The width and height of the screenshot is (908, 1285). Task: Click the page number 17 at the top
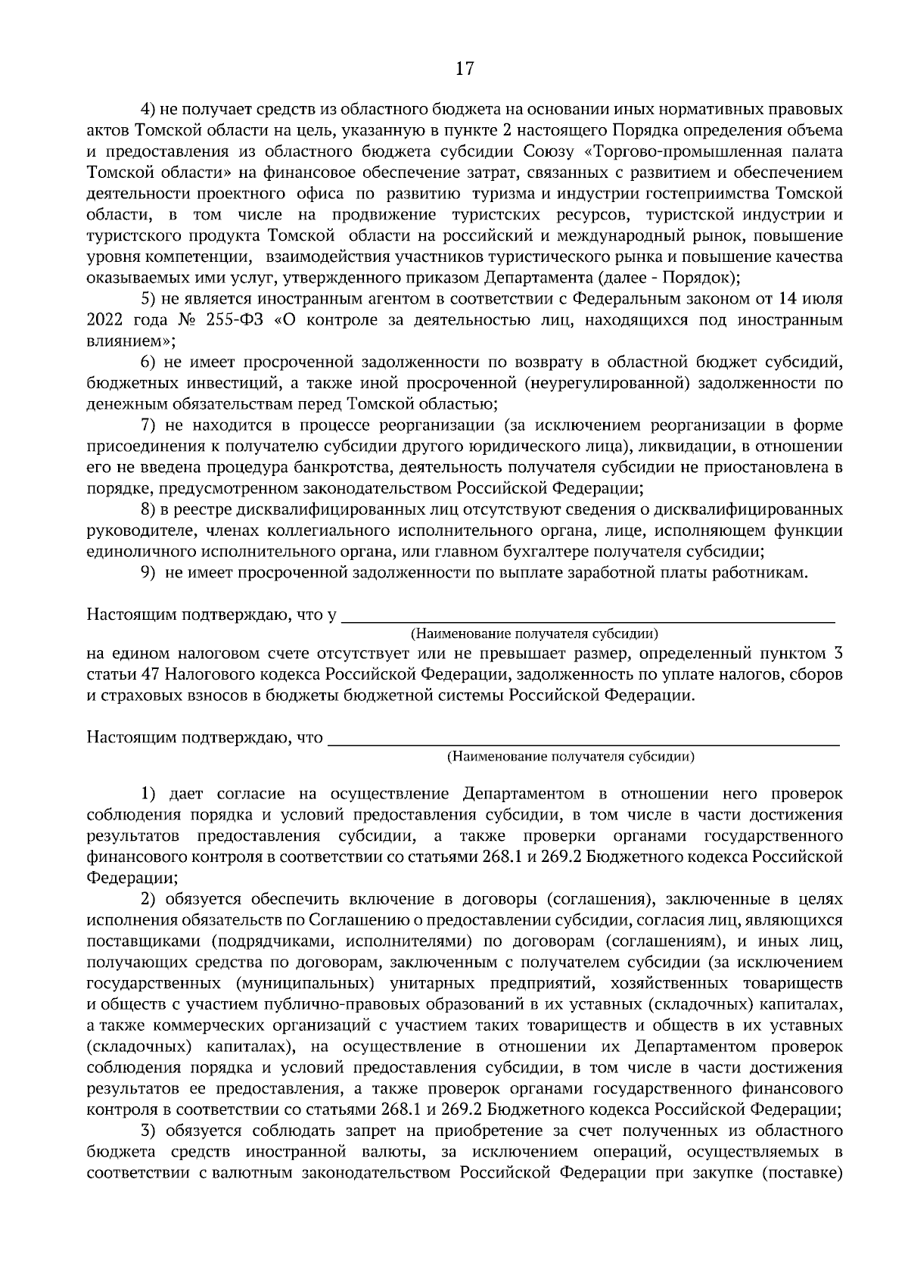(464, 69)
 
